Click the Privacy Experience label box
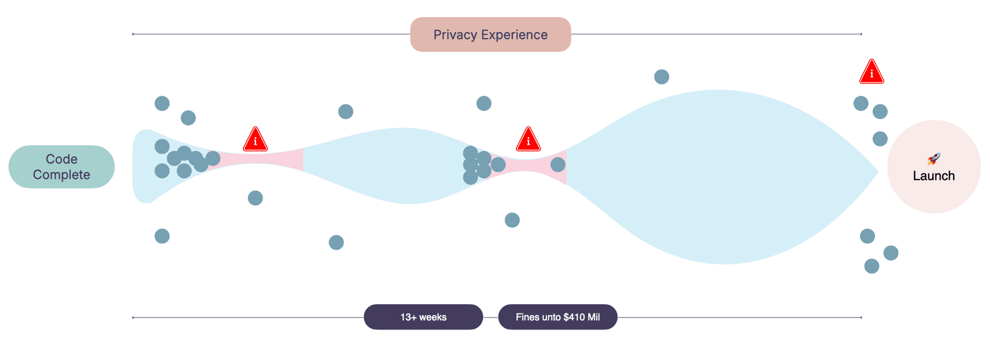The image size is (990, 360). click(490, 35)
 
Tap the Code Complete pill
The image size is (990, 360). click(62, 167)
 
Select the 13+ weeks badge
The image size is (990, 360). click(423, 317)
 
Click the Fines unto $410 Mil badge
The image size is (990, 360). click(558, 317)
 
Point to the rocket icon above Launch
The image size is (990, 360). click(934, 159)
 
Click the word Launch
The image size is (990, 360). click(934, 176)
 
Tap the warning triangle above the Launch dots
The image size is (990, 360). click(872, 72)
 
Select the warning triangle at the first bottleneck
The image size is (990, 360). click(256, 140)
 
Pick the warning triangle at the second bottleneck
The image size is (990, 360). click(528, 140)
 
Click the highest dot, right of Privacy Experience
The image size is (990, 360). click(662, 77)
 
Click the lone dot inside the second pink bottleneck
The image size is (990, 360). click(558, 164)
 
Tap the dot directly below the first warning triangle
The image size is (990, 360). click(256, 198)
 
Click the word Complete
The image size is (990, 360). click(62, 175)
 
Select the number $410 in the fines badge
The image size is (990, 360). click(573, 317)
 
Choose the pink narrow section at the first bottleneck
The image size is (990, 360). click(268, 160)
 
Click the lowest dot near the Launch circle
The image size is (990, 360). click(872, 266)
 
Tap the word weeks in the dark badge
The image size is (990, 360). click(433, 317)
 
